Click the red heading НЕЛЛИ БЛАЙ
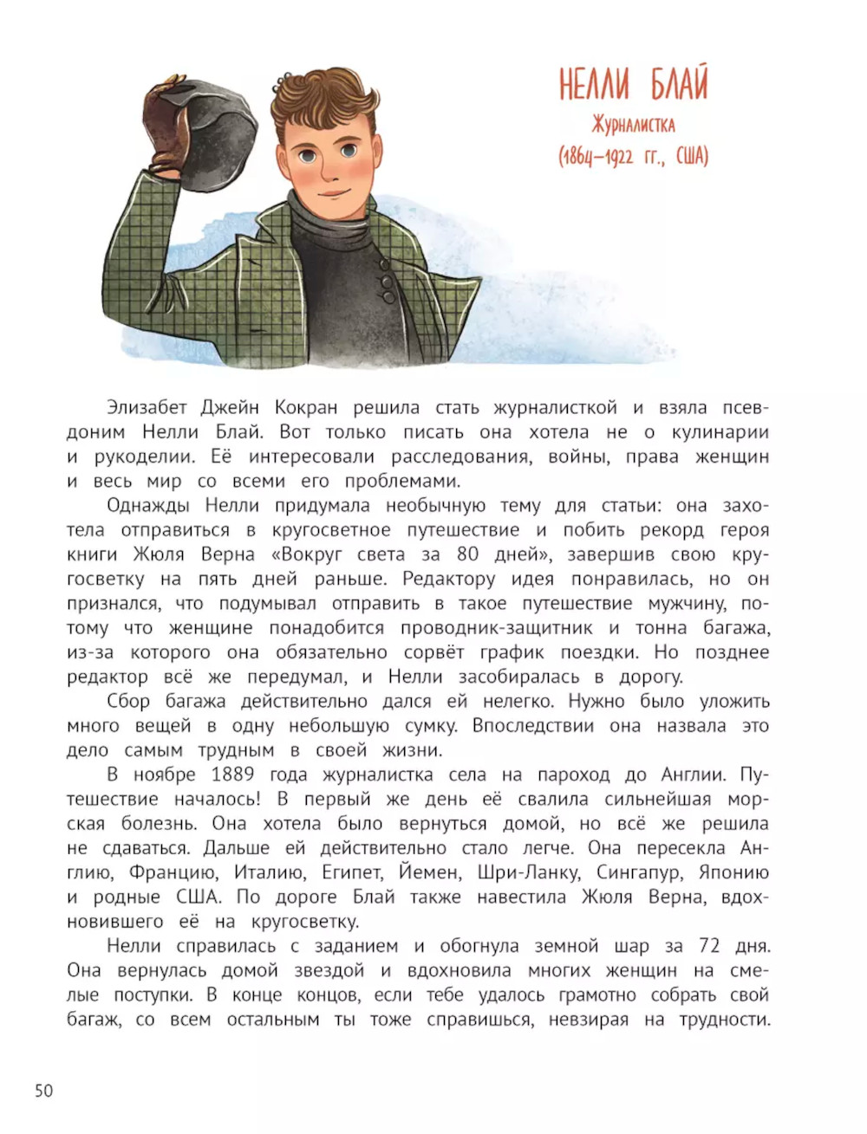click(x=633, y=85)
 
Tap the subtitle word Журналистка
click(x=633, y=126)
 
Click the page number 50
click(x=43, y=1090)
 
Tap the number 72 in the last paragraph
click(x=710, y=946)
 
